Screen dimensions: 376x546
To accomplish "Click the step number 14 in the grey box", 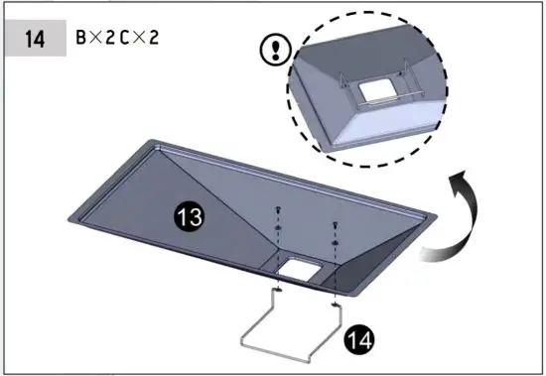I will tap(34, 41).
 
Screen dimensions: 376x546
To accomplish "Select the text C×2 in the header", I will tap(142, 41).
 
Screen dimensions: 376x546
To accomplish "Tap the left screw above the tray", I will tap(279, 209).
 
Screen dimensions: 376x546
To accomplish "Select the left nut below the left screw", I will tap(279, 227).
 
